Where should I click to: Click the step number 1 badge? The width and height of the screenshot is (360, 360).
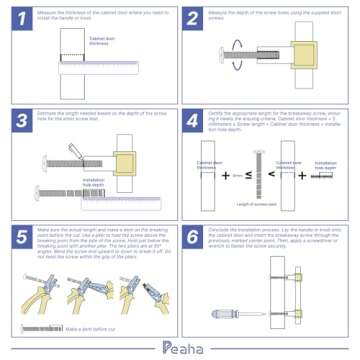point(17,18)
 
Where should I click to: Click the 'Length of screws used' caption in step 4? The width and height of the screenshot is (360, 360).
point(264,205)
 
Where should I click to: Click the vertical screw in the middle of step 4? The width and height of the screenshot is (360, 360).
point(264,174)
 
